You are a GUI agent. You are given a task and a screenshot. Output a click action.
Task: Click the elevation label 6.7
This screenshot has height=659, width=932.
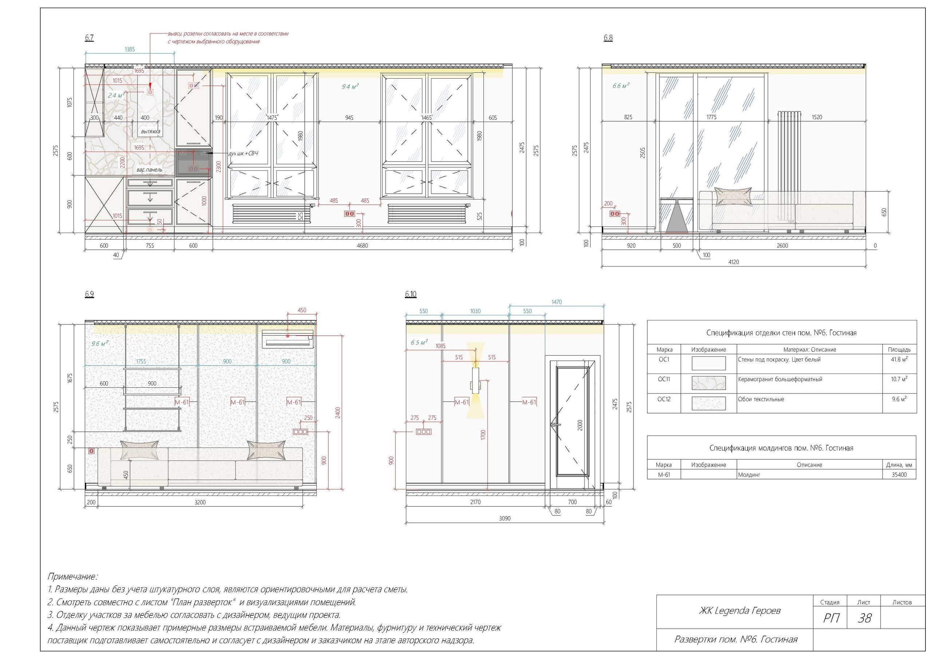[x=89, y=38]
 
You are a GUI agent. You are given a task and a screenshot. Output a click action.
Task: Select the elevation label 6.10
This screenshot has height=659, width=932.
[x=411, y=294]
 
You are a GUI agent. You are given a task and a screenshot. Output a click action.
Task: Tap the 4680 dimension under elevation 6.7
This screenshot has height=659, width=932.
[x=362, y=246]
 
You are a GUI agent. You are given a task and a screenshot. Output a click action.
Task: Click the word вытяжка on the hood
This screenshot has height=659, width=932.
[x=151, y=131]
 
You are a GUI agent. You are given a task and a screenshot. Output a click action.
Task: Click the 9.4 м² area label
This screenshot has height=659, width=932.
[x=350, y=87]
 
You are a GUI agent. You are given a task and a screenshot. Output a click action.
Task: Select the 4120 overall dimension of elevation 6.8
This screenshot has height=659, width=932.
[x=734, y=262]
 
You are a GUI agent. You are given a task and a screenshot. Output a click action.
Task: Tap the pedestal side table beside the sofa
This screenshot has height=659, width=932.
[x=676, y=214]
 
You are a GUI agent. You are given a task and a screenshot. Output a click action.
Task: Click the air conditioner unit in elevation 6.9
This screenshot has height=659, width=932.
[x=288, y=339]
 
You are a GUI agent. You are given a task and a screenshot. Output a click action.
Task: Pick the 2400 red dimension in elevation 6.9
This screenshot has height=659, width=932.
[x=338, y=413]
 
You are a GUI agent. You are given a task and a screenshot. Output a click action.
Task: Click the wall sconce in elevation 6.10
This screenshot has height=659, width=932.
[x=475, y=380]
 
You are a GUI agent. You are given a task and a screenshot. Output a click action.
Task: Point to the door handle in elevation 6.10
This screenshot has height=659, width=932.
[x=555, y=425]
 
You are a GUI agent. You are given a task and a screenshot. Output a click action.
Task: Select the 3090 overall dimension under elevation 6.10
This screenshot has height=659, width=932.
[x=505, y=518]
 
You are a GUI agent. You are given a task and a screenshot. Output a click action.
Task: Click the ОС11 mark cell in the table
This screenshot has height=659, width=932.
[x=664, y=379]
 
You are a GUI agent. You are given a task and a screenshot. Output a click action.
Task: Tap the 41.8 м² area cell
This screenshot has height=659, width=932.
[x=899, y=359]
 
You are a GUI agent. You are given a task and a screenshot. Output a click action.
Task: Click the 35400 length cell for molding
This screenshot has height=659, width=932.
[x=899, y=475]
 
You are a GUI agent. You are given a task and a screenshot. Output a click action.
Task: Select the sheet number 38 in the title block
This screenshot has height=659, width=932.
[x=865, y=618]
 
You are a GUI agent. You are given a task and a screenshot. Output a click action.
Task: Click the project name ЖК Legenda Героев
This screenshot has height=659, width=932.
[x=739, y=611]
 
